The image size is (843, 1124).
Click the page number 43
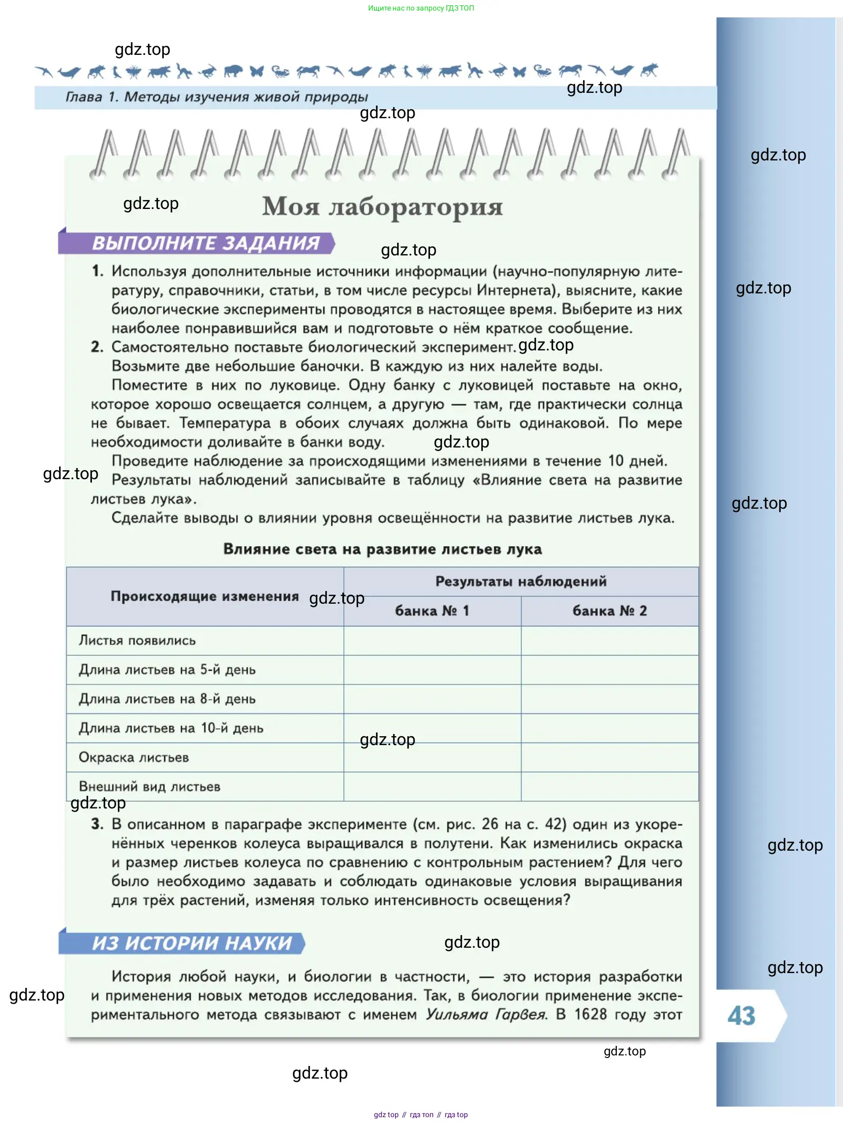click(x=741, y=1015)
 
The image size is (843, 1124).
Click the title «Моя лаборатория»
click(x=382, y=206)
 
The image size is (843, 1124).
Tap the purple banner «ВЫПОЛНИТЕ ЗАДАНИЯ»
click(x=205, y=243)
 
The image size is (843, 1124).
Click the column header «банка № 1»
click(x=432, y=611)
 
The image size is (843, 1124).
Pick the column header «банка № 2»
click(x=610, y=611)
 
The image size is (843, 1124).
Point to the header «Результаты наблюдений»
click(x=521, y=582)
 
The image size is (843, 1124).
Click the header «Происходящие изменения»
click(x=204, y=596)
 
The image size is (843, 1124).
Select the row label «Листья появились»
click(x=137, y=641)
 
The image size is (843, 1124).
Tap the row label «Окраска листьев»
click(x=134, y=758)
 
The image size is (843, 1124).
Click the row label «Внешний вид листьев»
click(x=149, y=787)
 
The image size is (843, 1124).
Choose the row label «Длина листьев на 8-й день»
click(x=167, y=699)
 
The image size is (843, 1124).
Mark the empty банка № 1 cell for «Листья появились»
click(x=432, y=641)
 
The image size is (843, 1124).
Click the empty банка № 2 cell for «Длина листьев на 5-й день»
click(x=610, y=670)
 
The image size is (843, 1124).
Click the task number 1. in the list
click(x=97, y=271)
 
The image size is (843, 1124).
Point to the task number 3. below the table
click(x=97, y=824)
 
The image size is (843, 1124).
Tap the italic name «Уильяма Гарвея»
click(x=486, y=1014)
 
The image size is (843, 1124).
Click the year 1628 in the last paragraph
click(x=590, y=1014)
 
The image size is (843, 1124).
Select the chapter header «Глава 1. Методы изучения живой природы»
click(x=217, y=97)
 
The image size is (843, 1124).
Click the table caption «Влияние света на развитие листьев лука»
click(x=382, y=549)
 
